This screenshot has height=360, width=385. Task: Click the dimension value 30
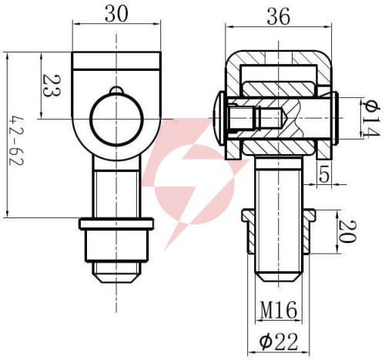coord(116,14)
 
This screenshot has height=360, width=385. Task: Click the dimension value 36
coord(279,16)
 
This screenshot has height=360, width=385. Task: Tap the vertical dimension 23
coord(52,86)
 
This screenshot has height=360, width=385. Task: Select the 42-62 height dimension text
coord(16,142)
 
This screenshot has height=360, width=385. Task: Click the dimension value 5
coord(324,174)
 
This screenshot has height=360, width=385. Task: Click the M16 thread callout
coord(279,310)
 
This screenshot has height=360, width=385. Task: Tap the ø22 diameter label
coord(279,341)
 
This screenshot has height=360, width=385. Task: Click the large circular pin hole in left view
coord(116,119)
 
